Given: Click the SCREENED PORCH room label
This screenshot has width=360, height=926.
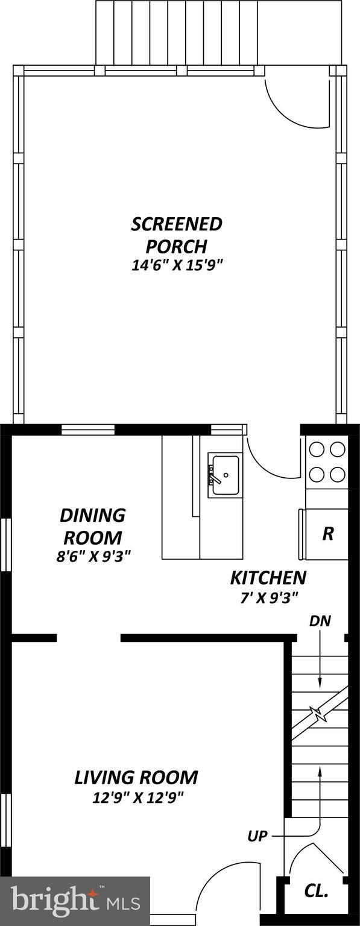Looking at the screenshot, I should click(177, 235).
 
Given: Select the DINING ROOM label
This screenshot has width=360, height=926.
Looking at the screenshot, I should click(92, 526).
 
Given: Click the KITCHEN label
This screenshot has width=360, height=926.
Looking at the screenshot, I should click(268, 578).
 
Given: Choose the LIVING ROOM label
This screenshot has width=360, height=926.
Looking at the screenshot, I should click(136, 778).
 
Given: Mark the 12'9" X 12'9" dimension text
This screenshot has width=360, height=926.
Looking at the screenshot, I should click(137, 798).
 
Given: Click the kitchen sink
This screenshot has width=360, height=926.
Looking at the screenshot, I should click(225, 475).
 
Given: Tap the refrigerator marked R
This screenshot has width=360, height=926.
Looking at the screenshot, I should click(327, 534).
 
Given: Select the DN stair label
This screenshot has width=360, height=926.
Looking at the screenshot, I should click(320, 621).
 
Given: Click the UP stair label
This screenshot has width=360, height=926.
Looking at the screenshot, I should click(257, 836).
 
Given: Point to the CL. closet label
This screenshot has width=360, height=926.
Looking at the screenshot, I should click(316, 891).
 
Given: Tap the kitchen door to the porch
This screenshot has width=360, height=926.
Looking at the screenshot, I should click(271, 461).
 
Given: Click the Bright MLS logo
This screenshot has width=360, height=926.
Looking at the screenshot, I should click(75, 901).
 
